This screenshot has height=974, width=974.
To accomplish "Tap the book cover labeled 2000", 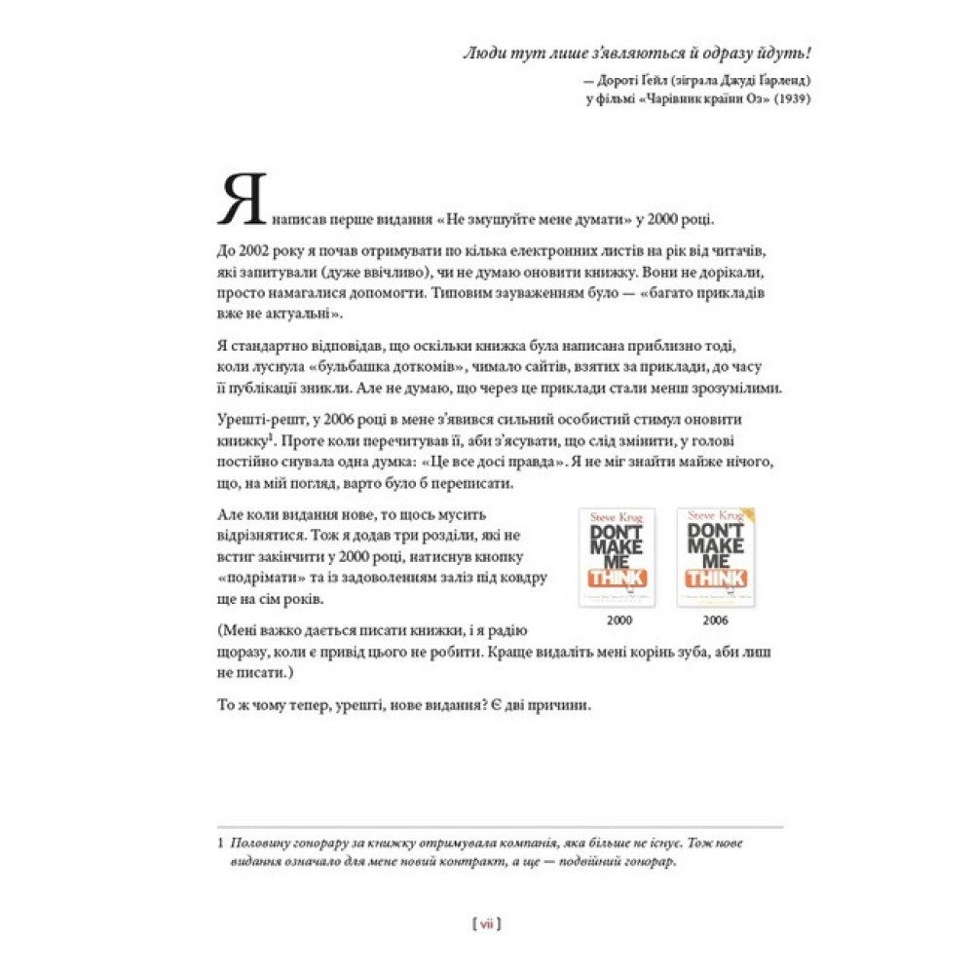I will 617,557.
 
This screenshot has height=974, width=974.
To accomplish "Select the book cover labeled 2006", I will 716,557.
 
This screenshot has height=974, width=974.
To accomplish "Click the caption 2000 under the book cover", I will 618,619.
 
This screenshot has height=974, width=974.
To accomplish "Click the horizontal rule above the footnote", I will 499,828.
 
